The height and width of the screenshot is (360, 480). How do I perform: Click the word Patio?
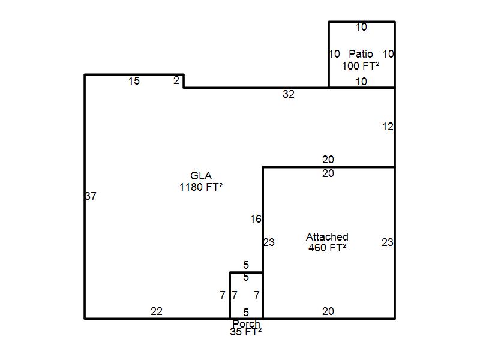pos(361,54)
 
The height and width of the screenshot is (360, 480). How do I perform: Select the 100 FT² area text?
pos(361,65)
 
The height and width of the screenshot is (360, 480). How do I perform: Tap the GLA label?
pos(201,175)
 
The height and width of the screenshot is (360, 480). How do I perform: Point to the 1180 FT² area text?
pos(201,187)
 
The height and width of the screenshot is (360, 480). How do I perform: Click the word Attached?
pos(327,236)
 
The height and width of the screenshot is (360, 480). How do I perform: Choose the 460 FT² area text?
pos(327,247)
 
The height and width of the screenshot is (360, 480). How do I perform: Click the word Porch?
pos(246,323)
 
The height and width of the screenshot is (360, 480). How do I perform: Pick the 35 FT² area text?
pos(246,332)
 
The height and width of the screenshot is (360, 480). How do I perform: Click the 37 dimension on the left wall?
pos(91,196)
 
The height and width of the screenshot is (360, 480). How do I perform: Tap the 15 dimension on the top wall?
pos(134,81)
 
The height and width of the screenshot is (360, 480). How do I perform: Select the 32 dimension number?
pos(289,94)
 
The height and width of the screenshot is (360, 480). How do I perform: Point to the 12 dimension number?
pos(388,127)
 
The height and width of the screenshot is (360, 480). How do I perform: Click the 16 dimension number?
pos(256,219)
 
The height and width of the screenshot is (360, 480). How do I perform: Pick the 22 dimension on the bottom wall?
pos(157,311)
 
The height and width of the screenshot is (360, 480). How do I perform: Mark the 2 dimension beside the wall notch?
pos(176,80)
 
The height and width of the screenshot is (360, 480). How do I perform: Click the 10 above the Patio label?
pos(361,27)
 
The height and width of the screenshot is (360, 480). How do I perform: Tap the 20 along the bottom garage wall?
pos(328,311)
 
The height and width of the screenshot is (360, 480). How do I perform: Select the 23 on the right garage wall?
pos(387,242)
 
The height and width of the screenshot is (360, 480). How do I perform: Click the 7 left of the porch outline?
pos(223,295)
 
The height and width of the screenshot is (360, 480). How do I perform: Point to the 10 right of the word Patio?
pos(388,54)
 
